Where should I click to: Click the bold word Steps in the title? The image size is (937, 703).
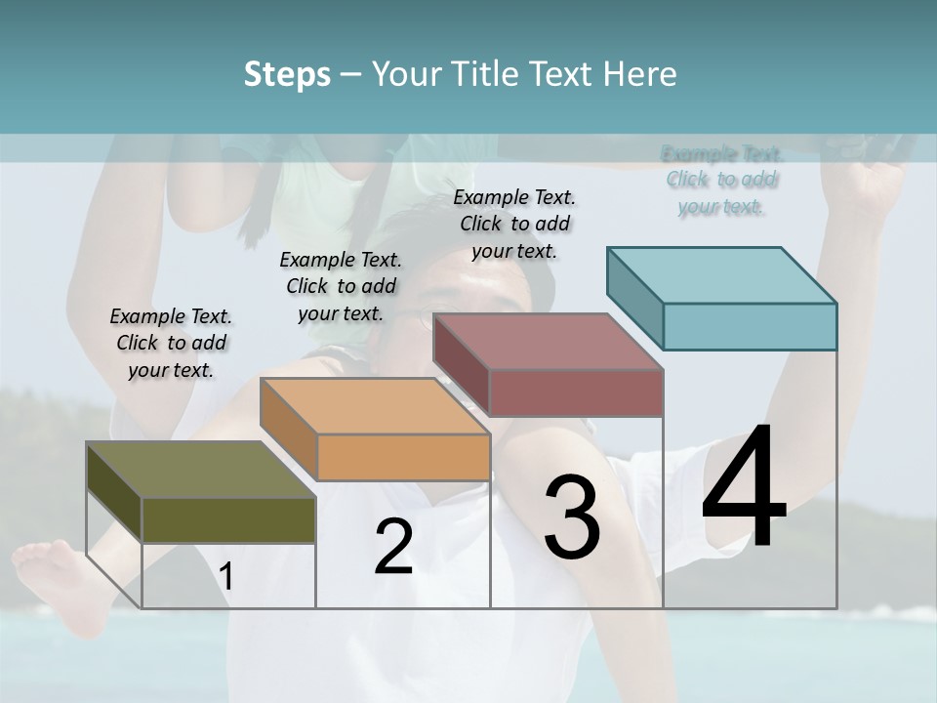pyautogui.click(x=287, y=74)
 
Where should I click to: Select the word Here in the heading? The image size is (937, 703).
pyautogui.click(x=640, y=74)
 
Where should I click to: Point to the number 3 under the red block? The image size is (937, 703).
pyautogui.click(x=572, y=517)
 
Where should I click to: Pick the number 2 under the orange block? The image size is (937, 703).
pyautogui.click(x=394, y=547)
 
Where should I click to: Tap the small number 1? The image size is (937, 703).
pyautogui.click(x=226, y=577)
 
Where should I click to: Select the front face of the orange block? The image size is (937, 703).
pyautogui.click(x=403, y=457)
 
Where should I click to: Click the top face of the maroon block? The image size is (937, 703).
pyautogui.click(x=548, y=342)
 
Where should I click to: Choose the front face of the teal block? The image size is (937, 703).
pyautogui.click(x=750, y=326)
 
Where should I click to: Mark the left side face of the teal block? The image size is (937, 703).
pyautogui.click(x=635, y=298)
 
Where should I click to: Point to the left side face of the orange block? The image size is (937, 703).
pyautogui.click(x=289, y=430)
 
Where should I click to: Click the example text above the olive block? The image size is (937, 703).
pyautogui.click(x=171, y=344)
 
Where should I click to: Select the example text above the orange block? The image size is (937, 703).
pyautogui.click(x=341, y=286)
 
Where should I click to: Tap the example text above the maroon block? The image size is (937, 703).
pyautogui.click(x=514, y=225)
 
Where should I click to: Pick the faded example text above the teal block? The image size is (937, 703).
pyautogui.click(x=721, y=180)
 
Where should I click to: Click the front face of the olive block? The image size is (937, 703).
pyautogui.click(x=228, y=519)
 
